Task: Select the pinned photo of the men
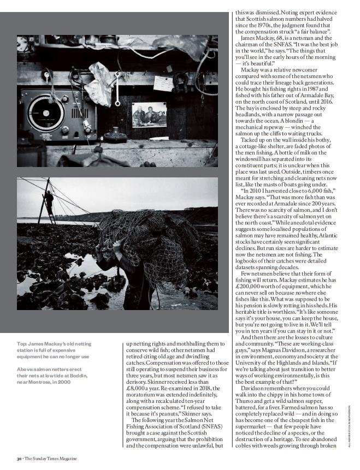coord(149,114)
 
